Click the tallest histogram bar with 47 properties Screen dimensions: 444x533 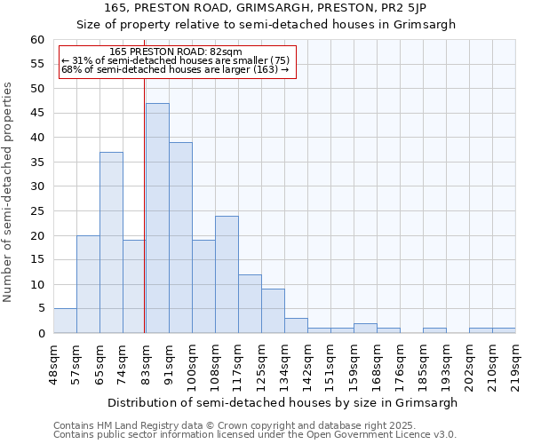tap(157, 218)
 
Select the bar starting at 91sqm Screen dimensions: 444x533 tap(180, 237)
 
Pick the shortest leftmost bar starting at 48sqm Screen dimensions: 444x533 tap(65, 321)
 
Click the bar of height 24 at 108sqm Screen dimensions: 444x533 tap(227, 274)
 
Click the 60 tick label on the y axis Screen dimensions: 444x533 tap(37, 40)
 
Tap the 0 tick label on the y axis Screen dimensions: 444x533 tap(41, 334)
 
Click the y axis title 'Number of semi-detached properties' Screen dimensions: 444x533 tap(9, 192)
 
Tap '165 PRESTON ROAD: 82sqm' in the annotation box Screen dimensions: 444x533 tap(175, 52)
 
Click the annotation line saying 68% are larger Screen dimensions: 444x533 tap(175, 69)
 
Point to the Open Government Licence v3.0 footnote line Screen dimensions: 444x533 tap(255, 434)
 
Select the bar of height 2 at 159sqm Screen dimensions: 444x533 tap(365, 329)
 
